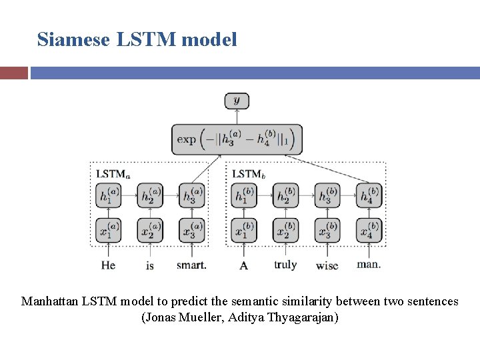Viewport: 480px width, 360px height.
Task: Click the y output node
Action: tap(237, 101)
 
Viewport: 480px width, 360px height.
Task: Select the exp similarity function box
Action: tap(237, 140)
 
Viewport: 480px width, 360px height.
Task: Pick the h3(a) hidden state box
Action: tap(191, 197)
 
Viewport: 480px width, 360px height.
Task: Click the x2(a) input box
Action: tap(150, 230)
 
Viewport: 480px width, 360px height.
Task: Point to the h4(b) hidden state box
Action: tap(369, 197)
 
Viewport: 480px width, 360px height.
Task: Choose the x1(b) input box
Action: tap(244, 230)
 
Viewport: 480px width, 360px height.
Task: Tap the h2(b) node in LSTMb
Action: tap(285, 197)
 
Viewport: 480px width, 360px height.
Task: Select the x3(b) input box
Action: tap(327, 230)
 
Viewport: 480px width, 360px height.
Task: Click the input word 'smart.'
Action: tap(191, 265)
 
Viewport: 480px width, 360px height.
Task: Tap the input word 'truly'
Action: tap(285, 265)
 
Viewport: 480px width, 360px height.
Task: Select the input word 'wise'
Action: tap(327, 265)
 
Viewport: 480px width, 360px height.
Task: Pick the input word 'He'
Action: tap(108, 265)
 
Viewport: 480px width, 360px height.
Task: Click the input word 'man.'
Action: tap(369, 264)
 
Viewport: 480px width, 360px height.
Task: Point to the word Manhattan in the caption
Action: tap(49, 301)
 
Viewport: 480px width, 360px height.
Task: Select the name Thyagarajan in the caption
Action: tap(304, 317)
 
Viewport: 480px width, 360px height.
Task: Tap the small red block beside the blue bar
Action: tap(14, 73)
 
